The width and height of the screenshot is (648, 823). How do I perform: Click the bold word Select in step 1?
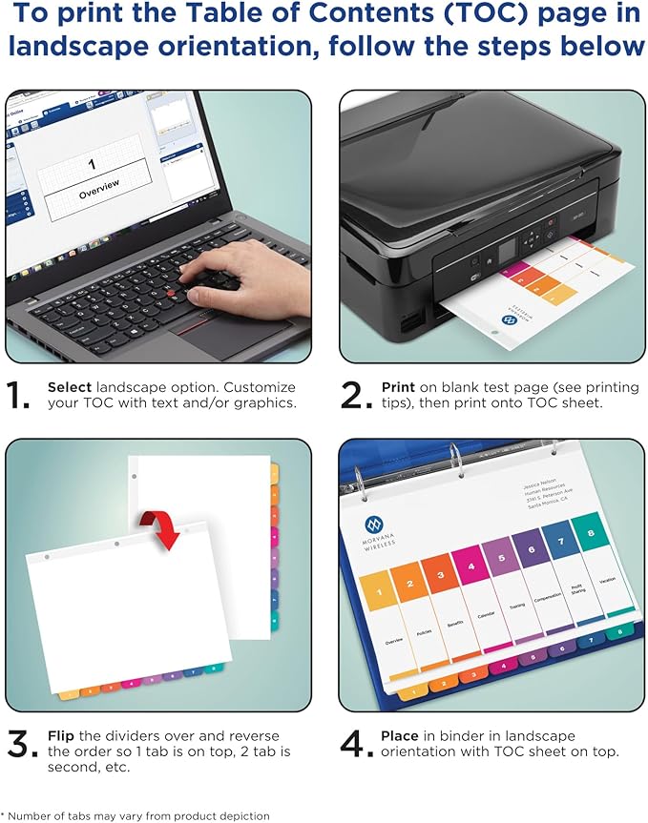click(70, 388)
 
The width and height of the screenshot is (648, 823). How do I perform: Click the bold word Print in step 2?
click(398, 388)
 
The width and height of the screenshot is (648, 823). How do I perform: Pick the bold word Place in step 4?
click(400, 735)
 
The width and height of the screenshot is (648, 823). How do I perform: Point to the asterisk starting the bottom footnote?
click(3, 813)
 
